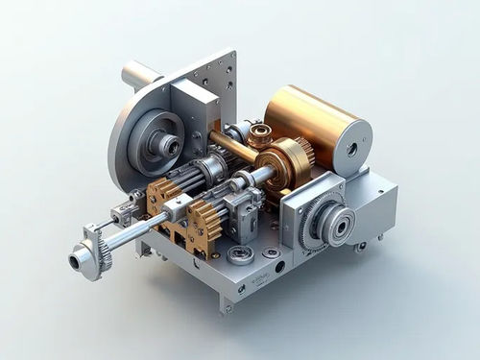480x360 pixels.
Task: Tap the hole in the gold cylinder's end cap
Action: (x=352, y=150)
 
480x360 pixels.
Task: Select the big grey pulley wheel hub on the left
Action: (x=165, y=144)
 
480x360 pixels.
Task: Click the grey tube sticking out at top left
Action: (x=139, y=74)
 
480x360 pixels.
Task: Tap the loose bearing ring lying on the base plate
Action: (x=240, y=254)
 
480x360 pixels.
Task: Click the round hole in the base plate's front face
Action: (x=279, y=268)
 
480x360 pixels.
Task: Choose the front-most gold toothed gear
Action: (x=204, y=227)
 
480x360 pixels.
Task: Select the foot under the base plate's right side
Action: (x=360, y=247)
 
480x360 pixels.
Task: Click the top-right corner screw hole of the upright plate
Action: (x=229, y=60)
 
